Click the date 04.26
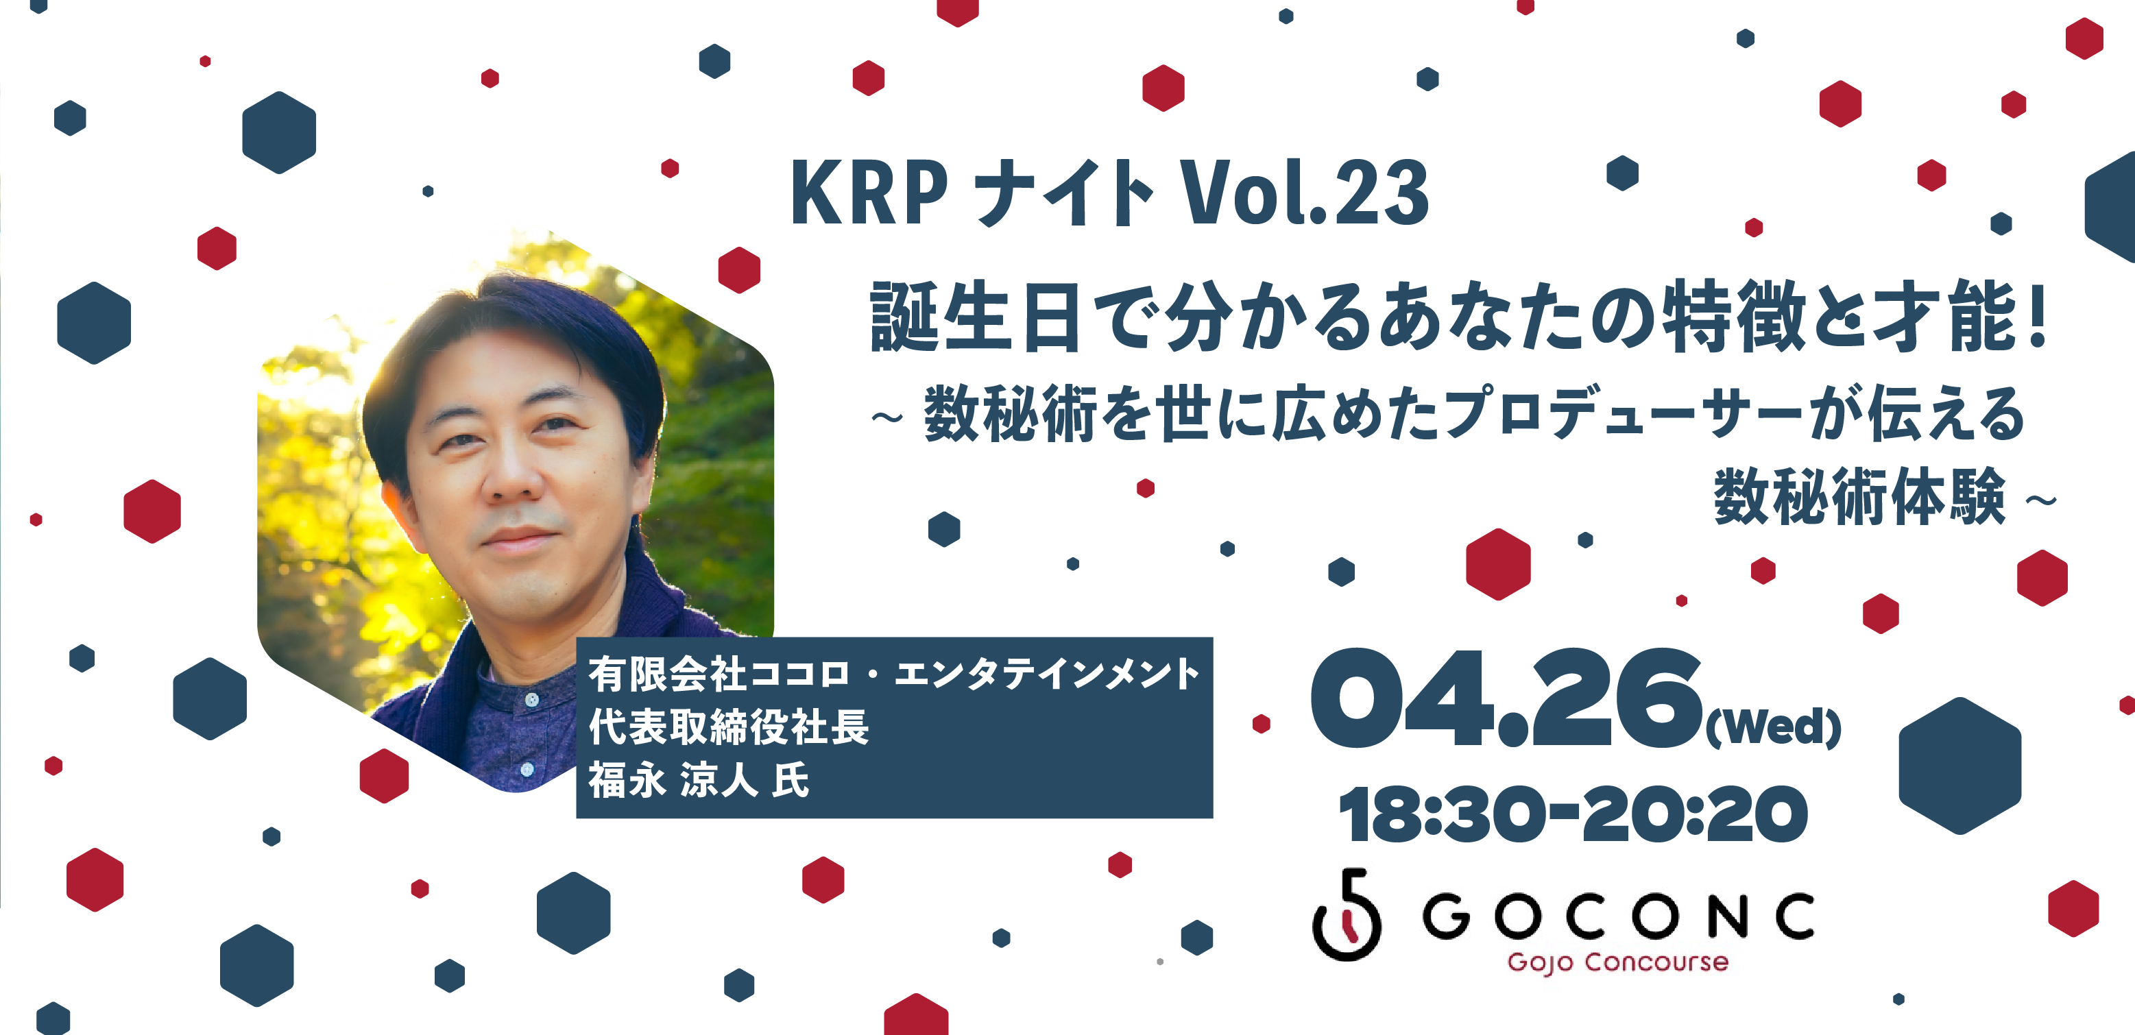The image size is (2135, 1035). (1504, 698)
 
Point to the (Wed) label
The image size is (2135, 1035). (1774, 727)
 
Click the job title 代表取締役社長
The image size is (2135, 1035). (729, 727)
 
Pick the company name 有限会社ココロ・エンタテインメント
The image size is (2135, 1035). (894, 674)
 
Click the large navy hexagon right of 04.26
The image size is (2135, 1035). (1960, 766)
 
